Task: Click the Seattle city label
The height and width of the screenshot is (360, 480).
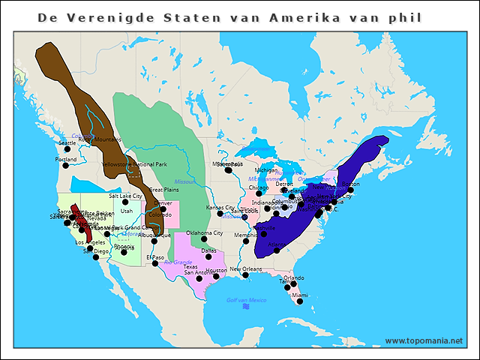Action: pyautogui.click(x=67, y=142)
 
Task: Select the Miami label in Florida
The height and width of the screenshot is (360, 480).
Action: pyautogui.click(x=300, y=295)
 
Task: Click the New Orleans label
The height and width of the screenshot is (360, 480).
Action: pyautogui.click(x=245, y=268)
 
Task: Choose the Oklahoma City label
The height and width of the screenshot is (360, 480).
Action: pyautogui.click(x=205, y=233)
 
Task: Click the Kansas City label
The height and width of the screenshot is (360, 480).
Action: pyautogui.click(x=220, y=208)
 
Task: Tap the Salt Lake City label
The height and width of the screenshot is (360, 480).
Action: pyautogui.click(x=125, y=196)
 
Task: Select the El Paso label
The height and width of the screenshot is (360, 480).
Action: pyautogui.click(x=154, y=257)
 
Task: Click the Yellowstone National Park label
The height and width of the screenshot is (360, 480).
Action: pyautogui.click(x=134, y=163)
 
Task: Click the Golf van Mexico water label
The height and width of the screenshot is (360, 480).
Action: pyautogui.click(x=247, y=300)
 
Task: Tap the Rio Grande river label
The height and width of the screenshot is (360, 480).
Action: pyautogui.click(x=178, y=262)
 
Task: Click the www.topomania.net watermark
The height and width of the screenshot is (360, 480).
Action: pyautogui.click(x=424, y=340)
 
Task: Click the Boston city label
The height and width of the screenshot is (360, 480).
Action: pyautogui.click(x=350, y=184)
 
